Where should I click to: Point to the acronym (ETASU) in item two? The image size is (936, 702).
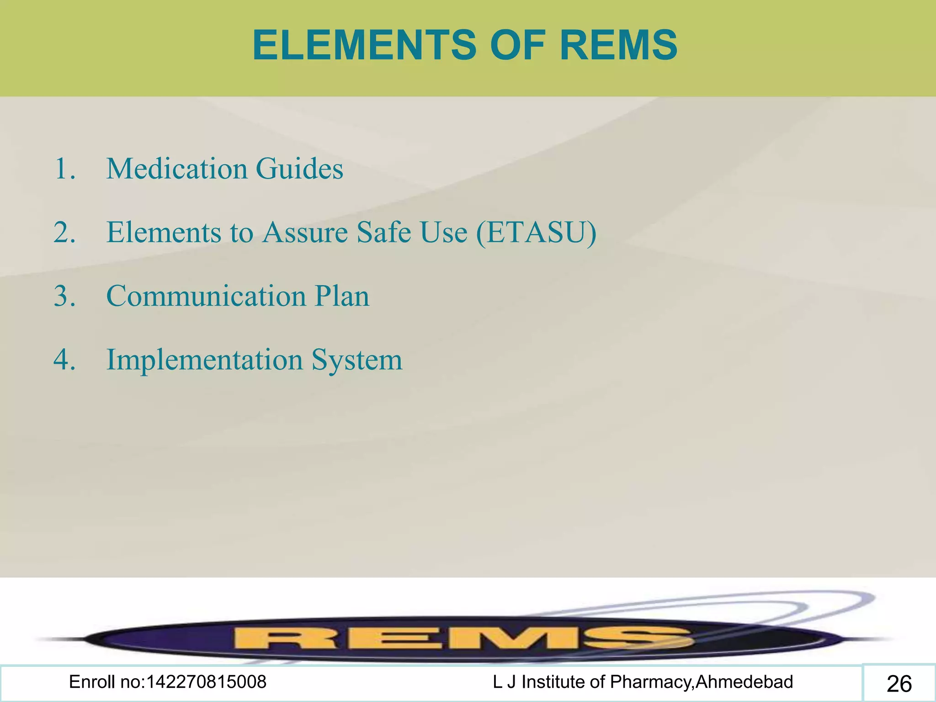[x=536, y=233]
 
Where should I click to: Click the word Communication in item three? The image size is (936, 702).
[x=206, y=296]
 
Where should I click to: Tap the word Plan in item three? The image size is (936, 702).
[x=342, y=296]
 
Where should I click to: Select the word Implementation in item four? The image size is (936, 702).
[x=205, y=360]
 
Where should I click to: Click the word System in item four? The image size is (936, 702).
[x=357, y=360]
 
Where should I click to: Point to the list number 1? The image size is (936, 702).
[x=64, y=169]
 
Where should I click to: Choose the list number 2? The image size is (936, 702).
[x=64, y=233]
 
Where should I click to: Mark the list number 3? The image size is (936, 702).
[x=64, y=296]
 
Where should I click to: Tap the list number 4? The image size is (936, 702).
[x=64, y=360]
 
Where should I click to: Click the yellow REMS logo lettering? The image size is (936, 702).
[x=462, y=638]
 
